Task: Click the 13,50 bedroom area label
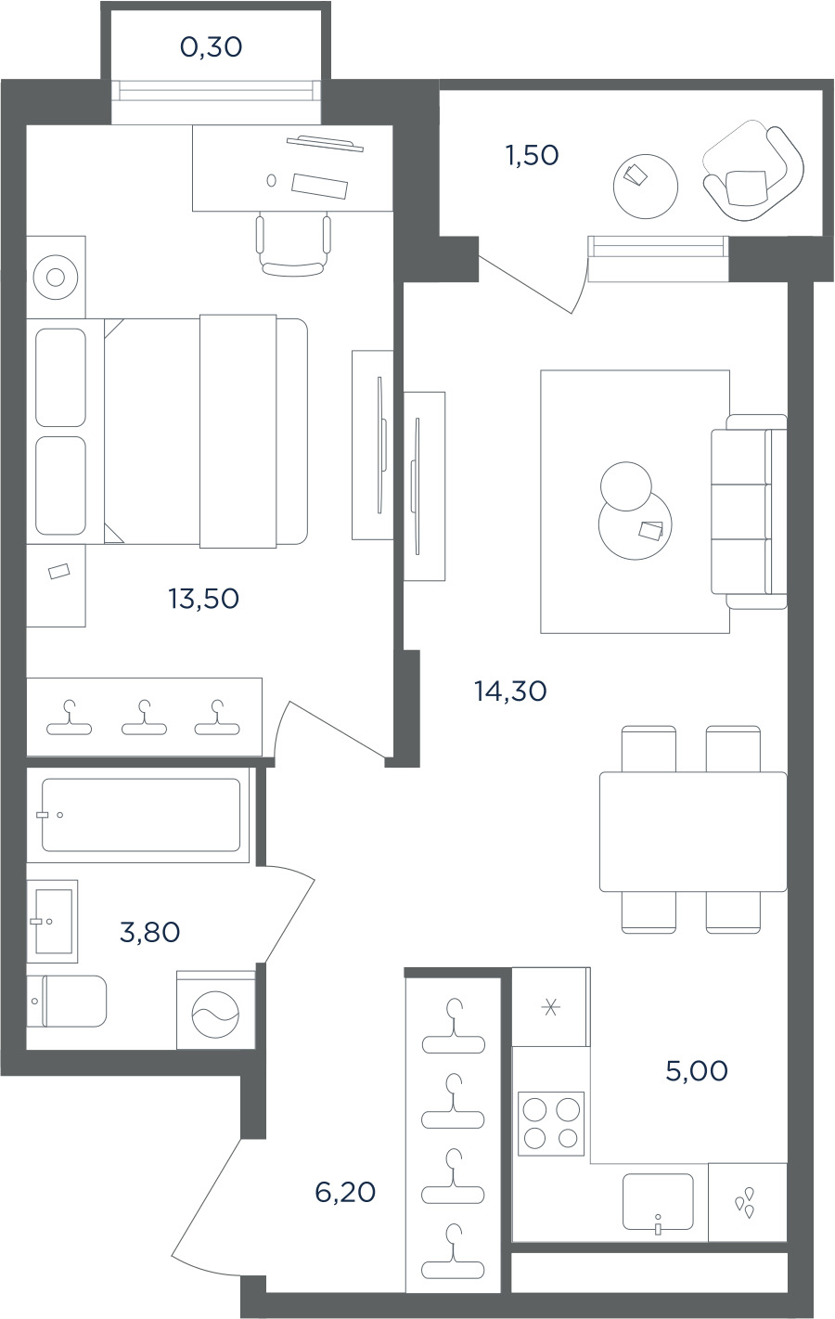(203, 599)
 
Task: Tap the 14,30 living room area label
(511, 692)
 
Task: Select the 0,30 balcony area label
(212, 47)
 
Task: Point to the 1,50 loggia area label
(532, 155)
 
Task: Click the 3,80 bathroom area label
(150, 932)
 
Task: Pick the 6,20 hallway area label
(345, 1193)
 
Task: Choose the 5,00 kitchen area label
(697, 1071)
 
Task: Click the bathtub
(141, 815)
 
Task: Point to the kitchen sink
(658, 1202)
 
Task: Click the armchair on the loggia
(753, 175)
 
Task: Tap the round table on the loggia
(646, 187)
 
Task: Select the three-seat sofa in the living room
(749, 511)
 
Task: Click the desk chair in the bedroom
(293, 246)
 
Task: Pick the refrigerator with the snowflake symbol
(551, 1007)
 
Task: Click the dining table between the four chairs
(693, 832)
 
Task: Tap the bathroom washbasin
(52, 922)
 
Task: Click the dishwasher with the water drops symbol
(748, 1202)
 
